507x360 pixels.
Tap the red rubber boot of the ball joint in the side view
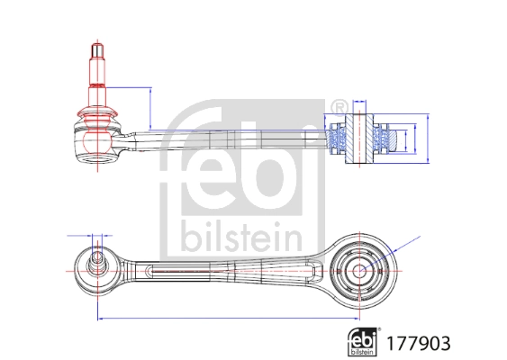click(x=96, y=115)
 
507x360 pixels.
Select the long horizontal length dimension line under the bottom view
click(x=225, y=318)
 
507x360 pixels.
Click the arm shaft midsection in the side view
click(x=225, y=139)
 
